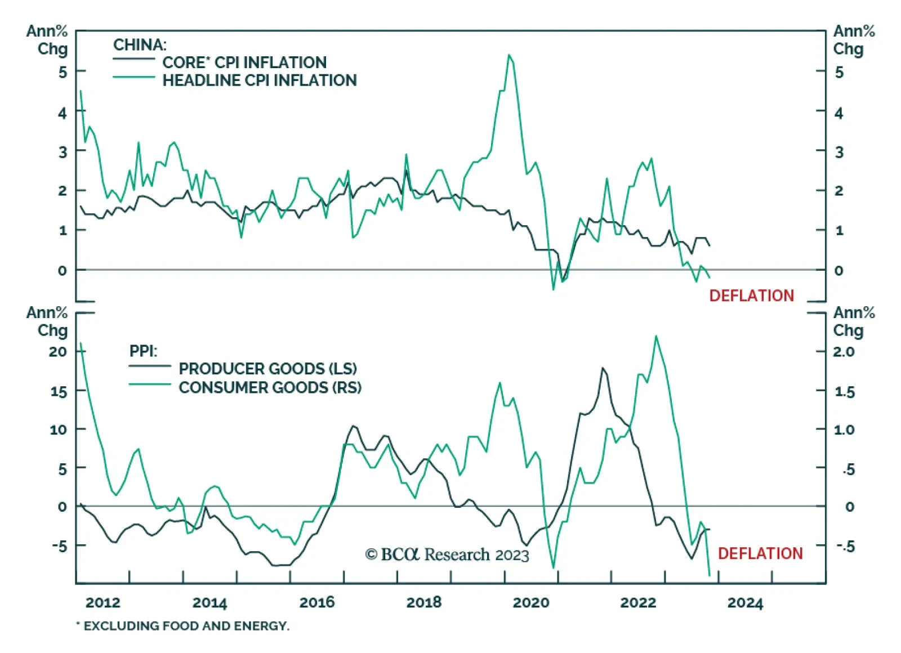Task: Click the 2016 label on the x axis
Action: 316,602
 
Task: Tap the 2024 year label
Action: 744,602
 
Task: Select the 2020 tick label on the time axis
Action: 530,602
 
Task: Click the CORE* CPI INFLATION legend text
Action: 244,62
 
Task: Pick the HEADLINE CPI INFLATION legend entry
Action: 260,80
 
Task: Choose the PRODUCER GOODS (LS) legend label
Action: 268,369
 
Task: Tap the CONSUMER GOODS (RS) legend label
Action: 270,387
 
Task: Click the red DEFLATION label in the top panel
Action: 751,296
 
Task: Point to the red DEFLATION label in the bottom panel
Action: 760,553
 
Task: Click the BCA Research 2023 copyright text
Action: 447,554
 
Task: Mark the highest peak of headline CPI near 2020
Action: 509,55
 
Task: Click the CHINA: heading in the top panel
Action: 140,44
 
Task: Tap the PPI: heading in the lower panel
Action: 144,351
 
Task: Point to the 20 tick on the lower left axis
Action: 58,351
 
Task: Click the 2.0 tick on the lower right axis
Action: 844,351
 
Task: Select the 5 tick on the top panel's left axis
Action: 63,71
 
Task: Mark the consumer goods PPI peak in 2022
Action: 656,336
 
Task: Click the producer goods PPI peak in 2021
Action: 603,368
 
